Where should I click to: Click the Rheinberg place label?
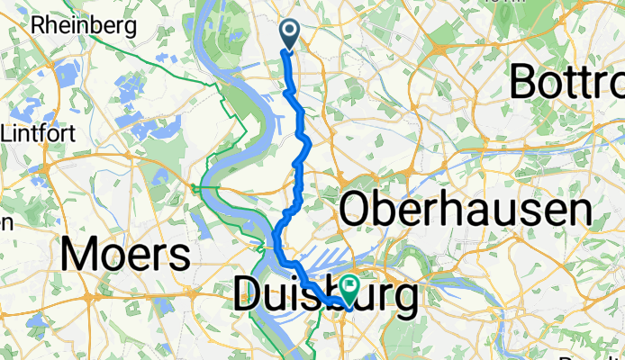(83, 25)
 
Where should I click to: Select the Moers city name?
(125, 255)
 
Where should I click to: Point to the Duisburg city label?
(326, 297)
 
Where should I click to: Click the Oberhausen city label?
(465, 211)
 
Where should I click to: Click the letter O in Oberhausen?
(356, 211)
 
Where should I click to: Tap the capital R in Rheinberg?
(38, 25)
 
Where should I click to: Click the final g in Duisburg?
(405, 301)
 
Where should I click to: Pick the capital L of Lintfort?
(8, 133)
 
